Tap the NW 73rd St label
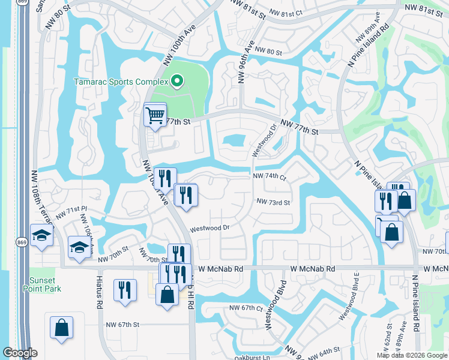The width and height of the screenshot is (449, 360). click(x=273, y=202)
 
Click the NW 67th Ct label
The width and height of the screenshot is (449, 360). click(x=246, y=308)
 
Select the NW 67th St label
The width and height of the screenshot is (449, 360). click(x=120, y=324)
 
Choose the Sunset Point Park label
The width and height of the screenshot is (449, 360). click(x=44, y=284)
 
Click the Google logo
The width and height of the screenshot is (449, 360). click(x=20, y=353)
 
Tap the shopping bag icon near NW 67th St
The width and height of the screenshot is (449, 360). click(x=61, y=328)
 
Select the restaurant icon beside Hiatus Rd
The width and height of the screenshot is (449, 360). click(x=124, y=289)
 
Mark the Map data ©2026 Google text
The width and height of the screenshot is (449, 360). click(x=411, y=355)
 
